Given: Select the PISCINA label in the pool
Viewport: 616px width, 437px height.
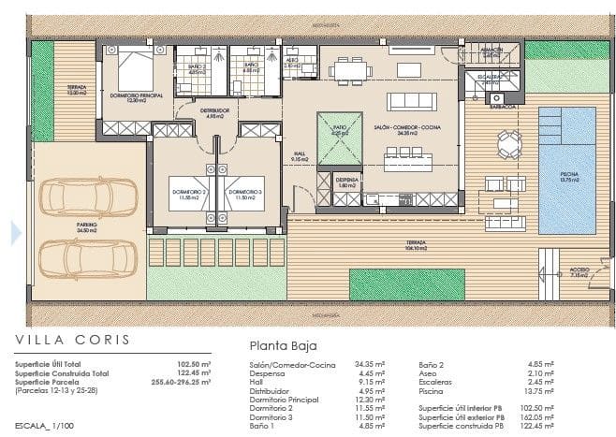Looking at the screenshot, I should (x=569, y=175).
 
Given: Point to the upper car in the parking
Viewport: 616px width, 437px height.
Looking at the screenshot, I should (x=89, y=197).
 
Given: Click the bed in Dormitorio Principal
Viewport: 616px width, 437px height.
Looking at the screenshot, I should (x=137, y=67).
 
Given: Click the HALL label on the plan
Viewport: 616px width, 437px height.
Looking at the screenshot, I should (x=300, y=157).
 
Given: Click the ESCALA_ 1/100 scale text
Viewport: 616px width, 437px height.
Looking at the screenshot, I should (x=45, y=425).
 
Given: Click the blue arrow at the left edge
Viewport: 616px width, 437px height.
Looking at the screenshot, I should (x=15, y=233).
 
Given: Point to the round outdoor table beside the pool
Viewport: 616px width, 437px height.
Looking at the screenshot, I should (x=509, y=143).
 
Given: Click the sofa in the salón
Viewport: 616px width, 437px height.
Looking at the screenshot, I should (x=412, y=101).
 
